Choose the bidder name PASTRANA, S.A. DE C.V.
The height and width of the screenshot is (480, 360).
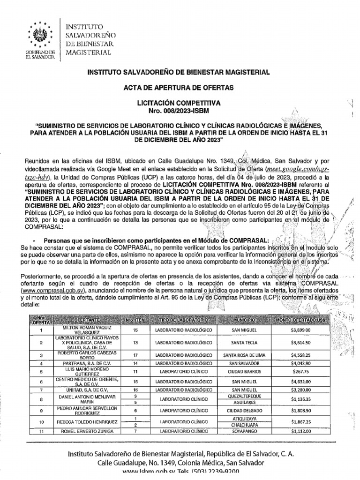click(x=87, y=363)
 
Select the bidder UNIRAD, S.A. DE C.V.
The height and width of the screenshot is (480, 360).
click(x=87, y=390)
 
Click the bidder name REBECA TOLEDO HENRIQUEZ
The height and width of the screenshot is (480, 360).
click(x=87, y=421)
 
